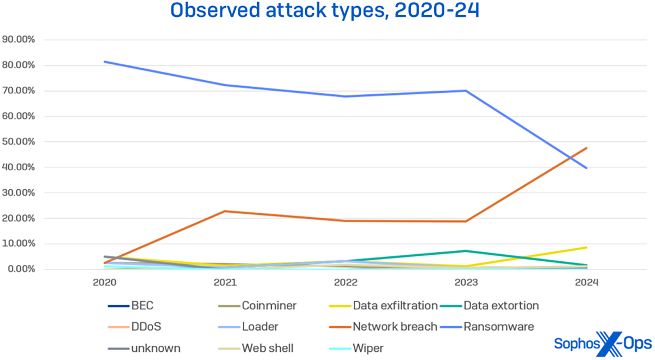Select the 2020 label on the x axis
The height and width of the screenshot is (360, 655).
[x=104, y=283]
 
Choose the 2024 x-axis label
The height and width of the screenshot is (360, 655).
[x=586, y=283]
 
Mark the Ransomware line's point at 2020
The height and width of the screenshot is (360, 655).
[x=104, y=62]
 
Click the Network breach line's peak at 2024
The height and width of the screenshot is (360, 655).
[x=586, y=148]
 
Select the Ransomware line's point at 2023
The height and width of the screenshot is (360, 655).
[x=466, y=91]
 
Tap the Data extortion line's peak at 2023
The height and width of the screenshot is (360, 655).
[x=466, y=251]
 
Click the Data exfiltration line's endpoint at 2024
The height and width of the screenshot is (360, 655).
[x=586, y=248]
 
